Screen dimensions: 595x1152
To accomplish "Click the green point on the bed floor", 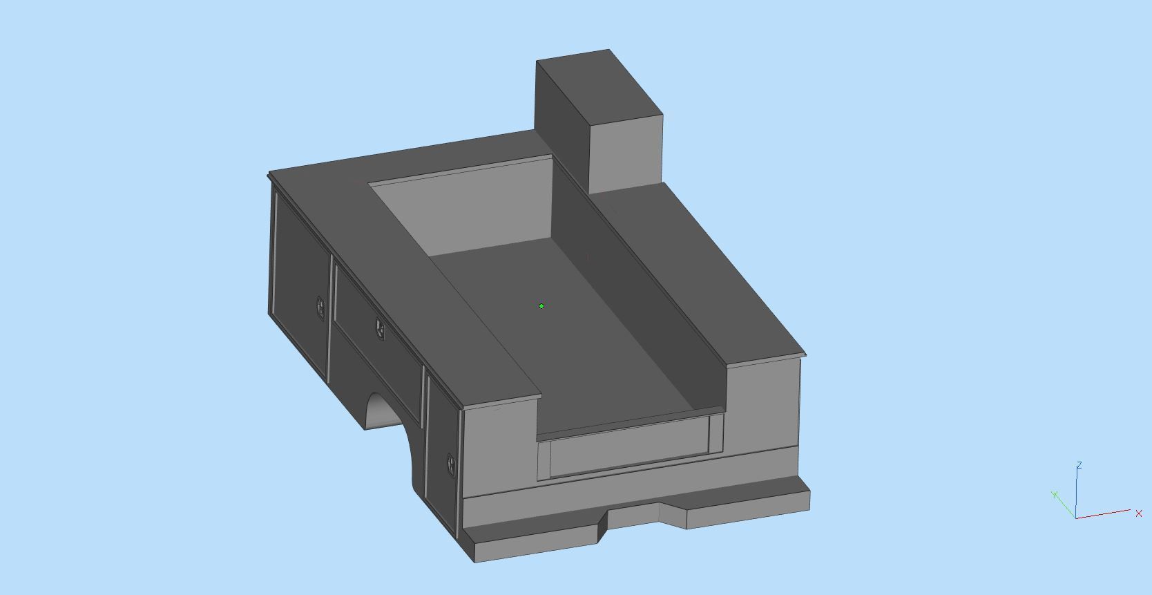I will click(541, 305).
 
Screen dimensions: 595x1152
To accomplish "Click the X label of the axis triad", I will click(1138, 513).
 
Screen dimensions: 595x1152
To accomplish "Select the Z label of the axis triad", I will click(1079, 465).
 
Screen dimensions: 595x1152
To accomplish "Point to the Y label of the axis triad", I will click(1054, 494).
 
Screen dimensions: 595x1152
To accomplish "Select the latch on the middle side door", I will click(380, 328).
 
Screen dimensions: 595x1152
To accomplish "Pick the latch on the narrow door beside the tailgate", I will click(450, 463).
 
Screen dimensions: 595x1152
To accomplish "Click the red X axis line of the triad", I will click(1105, 514).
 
